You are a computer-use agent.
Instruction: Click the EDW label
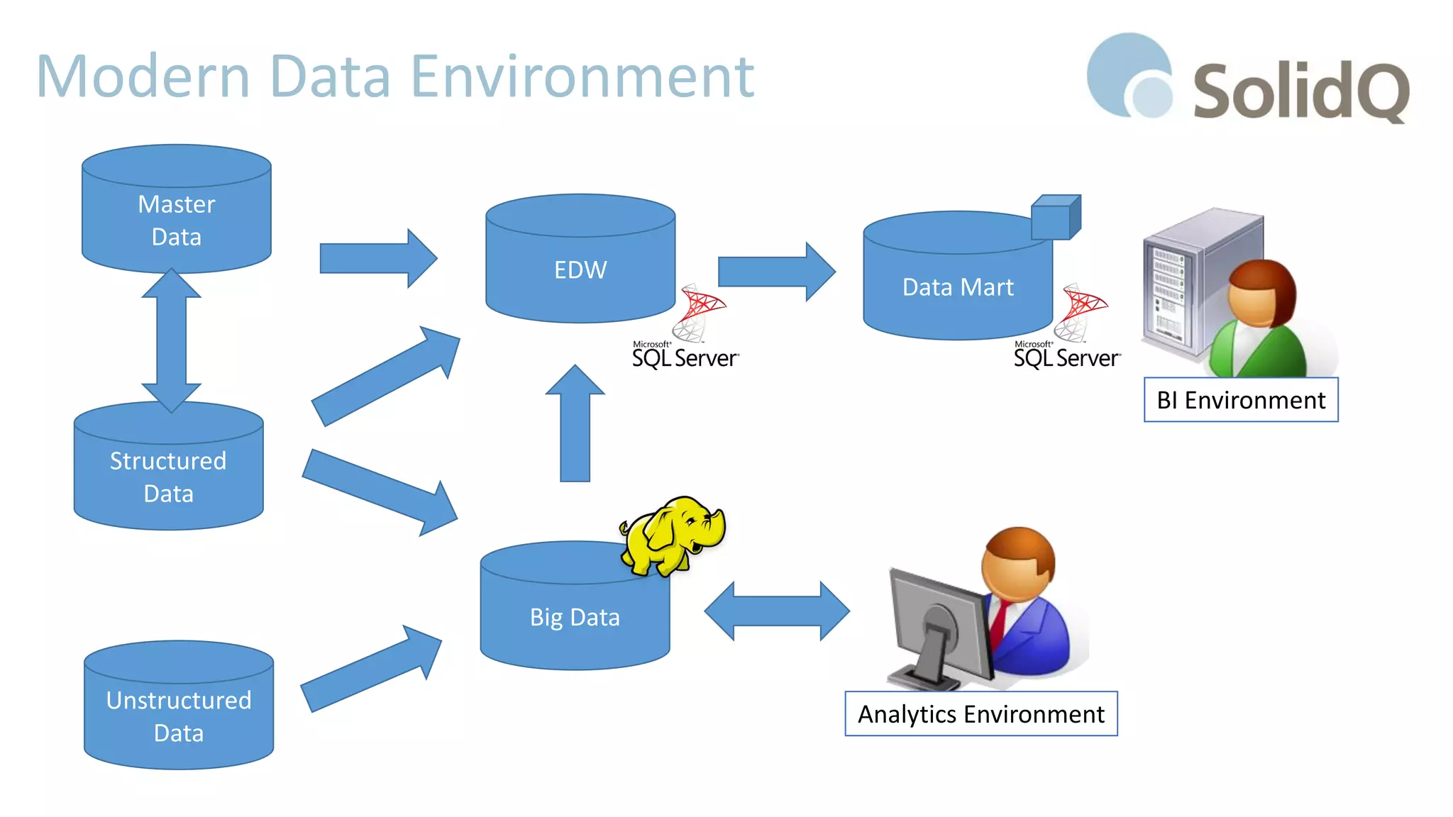(580, 270)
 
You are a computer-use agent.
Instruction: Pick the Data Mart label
(957, 287)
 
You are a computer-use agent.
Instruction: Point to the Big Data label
(575, 617)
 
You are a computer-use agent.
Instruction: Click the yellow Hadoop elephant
(670, 535)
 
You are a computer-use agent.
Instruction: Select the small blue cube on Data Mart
(1055, 217)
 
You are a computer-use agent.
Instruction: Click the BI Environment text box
(1240, 400)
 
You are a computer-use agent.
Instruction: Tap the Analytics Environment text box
(980, 714)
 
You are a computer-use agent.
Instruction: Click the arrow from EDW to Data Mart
(776, 272)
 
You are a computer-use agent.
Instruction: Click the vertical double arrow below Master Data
(171, 340)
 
